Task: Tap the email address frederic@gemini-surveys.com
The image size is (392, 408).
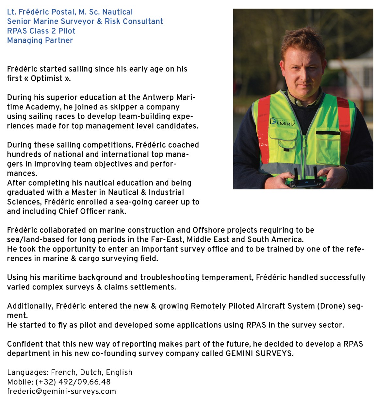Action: pos(61,391)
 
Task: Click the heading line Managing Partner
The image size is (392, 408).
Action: pos(40,41)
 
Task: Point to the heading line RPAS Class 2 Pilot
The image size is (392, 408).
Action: pos(41,31)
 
